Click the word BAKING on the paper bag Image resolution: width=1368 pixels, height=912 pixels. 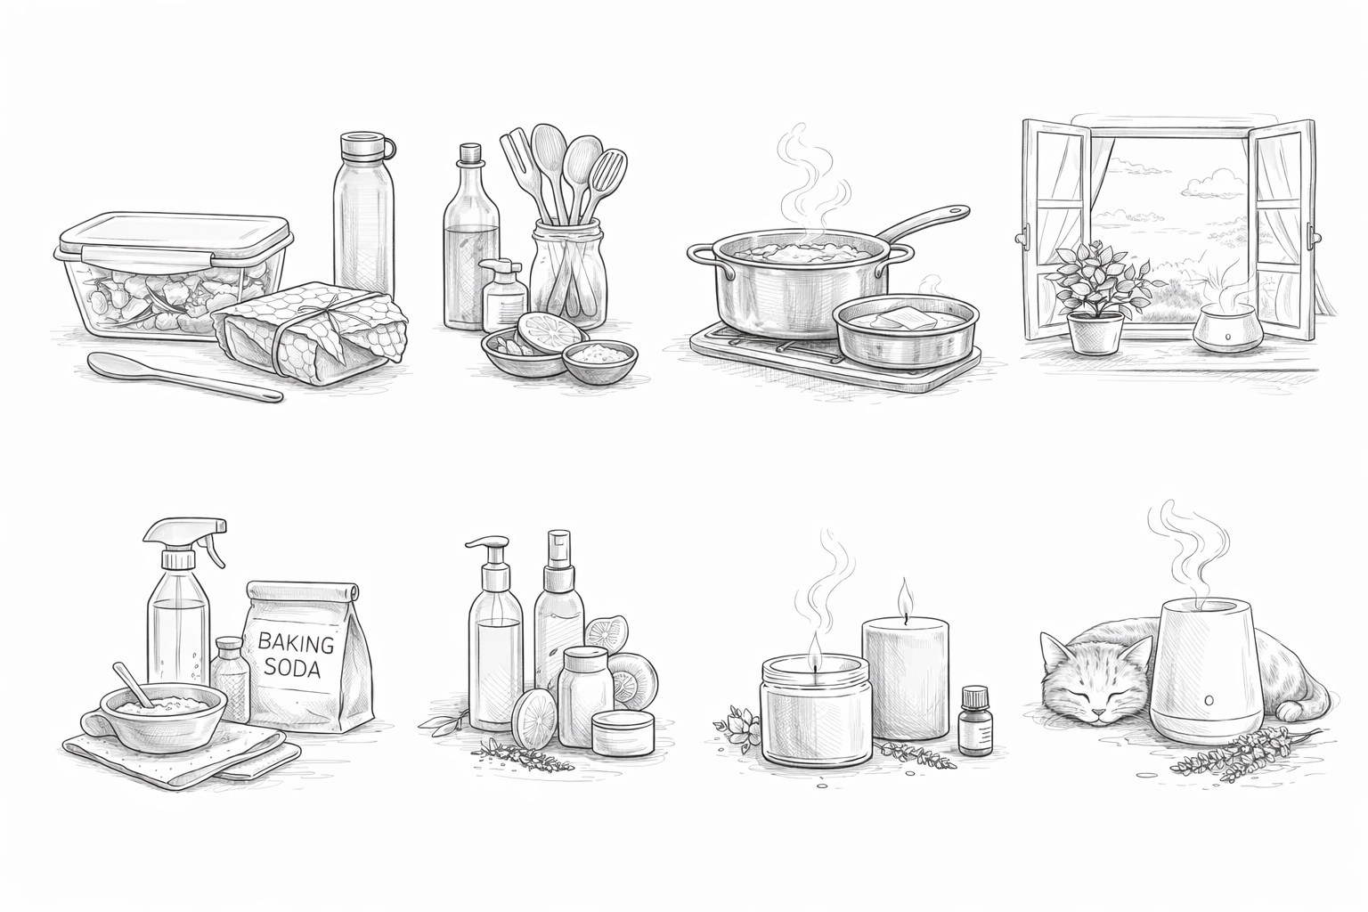297,642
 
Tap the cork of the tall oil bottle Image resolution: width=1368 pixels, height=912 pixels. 469,154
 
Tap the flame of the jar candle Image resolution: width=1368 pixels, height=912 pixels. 813,643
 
